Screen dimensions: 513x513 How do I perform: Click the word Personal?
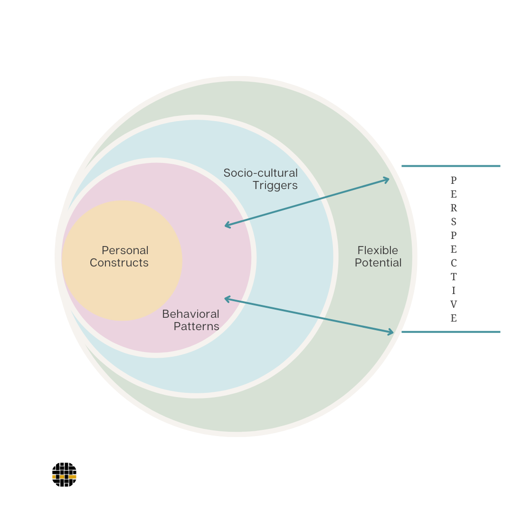pos(125,250)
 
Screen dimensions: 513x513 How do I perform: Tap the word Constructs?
pos(119,263)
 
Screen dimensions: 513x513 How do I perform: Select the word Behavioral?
pos(190,314)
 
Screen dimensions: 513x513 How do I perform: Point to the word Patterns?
pos(196,326)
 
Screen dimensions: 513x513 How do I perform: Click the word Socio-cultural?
pos(261,173)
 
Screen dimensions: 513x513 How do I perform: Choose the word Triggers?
pos(275,185)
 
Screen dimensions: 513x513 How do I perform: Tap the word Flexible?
pos(378,250)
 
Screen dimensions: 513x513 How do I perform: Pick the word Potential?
pos(378,263)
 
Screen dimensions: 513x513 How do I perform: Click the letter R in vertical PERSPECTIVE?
pos(454,208)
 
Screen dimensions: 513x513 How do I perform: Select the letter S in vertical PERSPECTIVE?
pos(454,222)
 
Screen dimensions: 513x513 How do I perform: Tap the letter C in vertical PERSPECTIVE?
pos(454,263)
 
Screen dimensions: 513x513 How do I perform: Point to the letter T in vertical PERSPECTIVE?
pos(454,276)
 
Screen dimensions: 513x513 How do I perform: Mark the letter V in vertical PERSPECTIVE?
pos(454,304)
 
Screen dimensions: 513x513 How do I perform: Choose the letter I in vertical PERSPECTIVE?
pos(454,290)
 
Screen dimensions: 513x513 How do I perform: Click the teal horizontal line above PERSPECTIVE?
pos(451,166)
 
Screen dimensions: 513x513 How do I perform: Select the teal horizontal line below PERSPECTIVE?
pos(451,332)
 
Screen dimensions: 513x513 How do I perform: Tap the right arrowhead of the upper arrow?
pos(387,180)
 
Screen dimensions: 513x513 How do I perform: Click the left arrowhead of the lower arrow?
pos(227,298)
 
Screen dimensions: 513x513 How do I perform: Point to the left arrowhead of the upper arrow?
pos(227,226)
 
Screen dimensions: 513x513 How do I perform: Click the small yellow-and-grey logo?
pos(64,475)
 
